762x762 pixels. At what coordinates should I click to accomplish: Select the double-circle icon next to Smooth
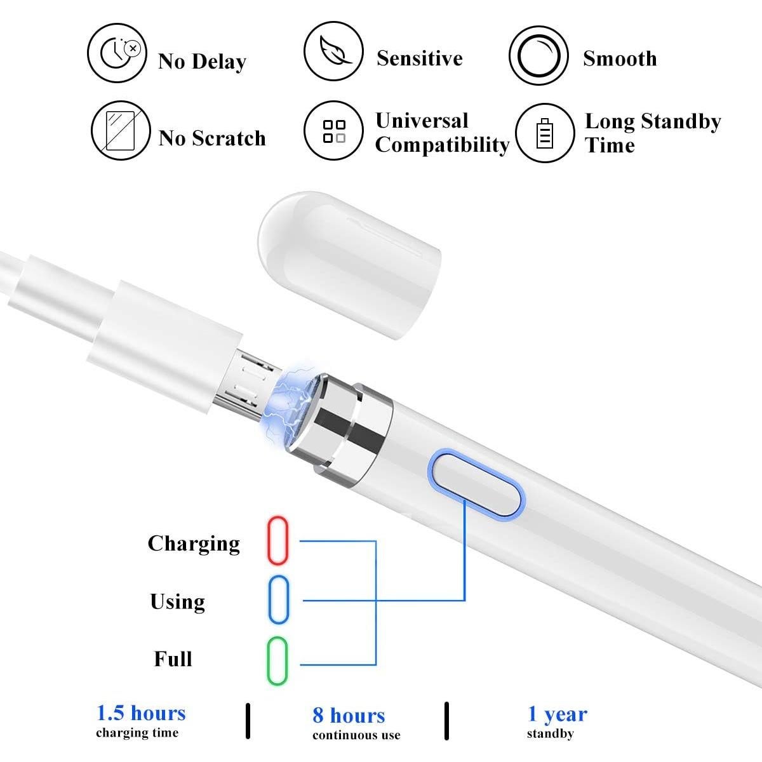[x=539, y=56]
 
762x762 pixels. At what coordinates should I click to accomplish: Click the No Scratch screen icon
[x=121, y=131]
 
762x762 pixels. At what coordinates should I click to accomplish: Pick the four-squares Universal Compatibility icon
[x=333, y=131]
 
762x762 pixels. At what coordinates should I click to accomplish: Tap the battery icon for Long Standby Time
[x=545, y=133]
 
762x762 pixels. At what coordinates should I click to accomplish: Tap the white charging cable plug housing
[x=165, y=340]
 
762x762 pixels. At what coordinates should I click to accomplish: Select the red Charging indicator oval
[x=277, y=540]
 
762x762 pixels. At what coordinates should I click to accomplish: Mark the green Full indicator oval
[x=277, y=661]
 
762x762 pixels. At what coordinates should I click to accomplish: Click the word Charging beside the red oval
[x=194, y=544]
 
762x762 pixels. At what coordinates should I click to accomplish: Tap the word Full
[x=173, y=659]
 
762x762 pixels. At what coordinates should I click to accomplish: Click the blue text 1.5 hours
[x=141, y=713]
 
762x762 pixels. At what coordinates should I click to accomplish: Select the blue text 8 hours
[x=349, y=716]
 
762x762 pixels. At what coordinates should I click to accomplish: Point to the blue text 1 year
[x=557, y=714]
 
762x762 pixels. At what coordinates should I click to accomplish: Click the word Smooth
[x=620, y=58]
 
